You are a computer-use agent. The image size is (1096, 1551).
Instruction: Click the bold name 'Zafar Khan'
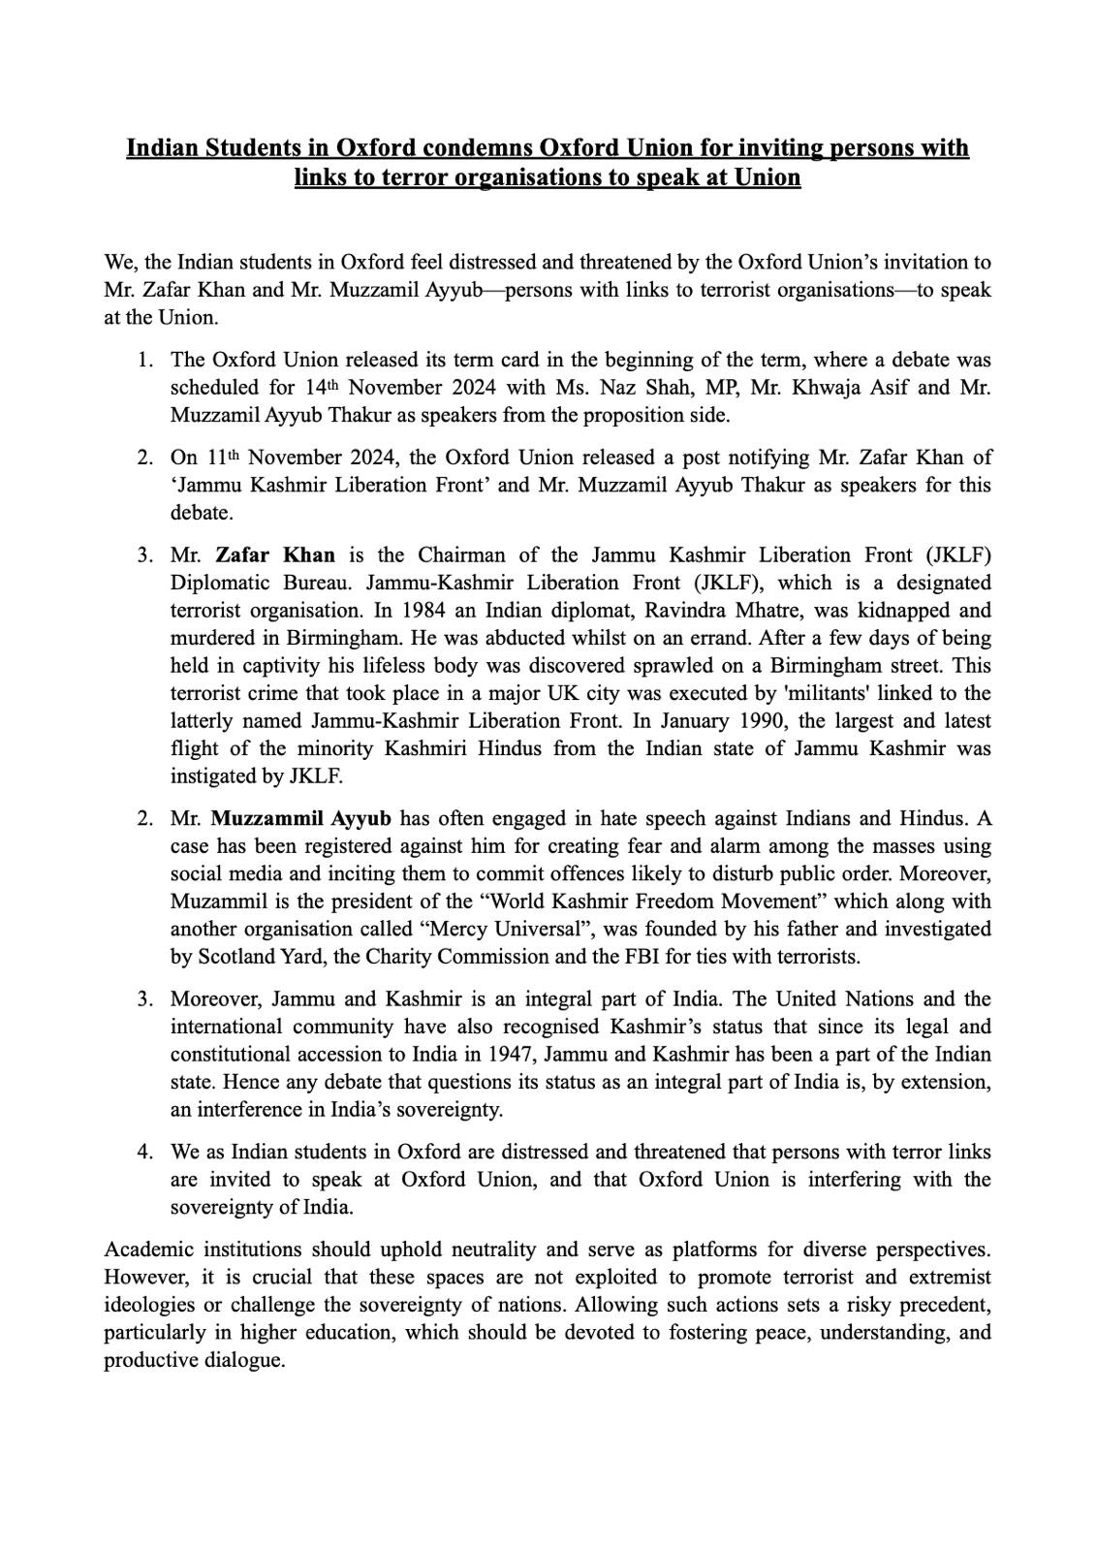[x=275, y=554]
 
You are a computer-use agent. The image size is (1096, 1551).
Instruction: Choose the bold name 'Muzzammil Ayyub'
[x=301, y=818]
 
